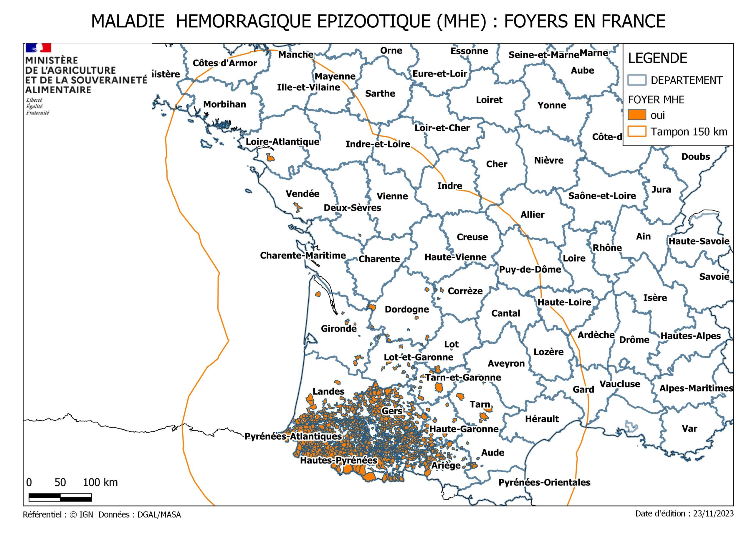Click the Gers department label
(x=391, y=411)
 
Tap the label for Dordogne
(x=406, y=309)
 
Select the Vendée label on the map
(x=302, y=194)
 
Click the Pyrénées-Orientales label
(x=544, y=482)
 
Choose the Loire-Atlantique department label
(x=282, y=142)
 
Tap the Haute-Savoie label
(x=699, y=241)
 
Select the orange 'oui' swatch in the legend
(x=636, y=115)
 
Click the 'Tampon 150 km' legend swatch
(x=636, y=131)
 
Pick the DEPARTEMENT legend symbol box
(x=636, y=80)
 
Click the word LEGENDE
(x=657, y=59)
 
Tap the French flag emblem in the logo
(x=38, y=48)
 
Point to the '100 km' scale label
(x=100, y=482)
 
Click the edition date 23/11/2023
(x=713, y=514)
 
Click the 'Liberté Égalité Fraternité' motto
(x=37, y=106)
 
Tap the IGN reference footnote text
(x=102, y=515)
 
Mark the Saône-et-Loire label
(x=602, y=196)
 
